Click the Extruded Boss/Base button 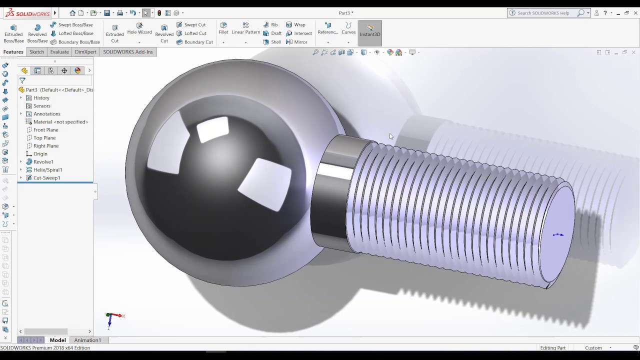pyautogui.click(x=13, y=33)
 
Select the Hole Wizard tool pyautogui.click(x=139, y=28)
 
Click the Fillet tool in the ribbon pyautogui.click(x=223, y=28)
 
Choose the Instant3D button pyautogui.click(x=370, y=31)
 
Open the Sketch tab pyautogui.click(x=36, y=52)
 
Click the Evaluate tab pyautogui.click(x=59, y=52)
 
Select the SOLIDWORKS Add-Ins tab pyautogui.click(x=127, y=52)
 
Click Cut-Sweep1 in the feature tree pyautogui.click(x=46, y=178)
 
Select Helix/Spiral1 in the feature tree pyautogui.click(x=47, y=170)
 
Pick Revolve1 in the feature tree pyautogui.click(x=43, y=162)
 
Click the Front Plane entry pyautogui.click(x=45, y=130)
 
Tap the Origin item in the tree pyautogui.click(x=40, y=154)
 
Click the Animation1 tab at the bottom pyautogui.click(x=87, y=340)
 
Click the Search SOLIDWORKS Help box pyautogui.click(x=546, y=13)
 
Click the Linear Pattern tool pyautogui.click(x=245, y=28)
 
